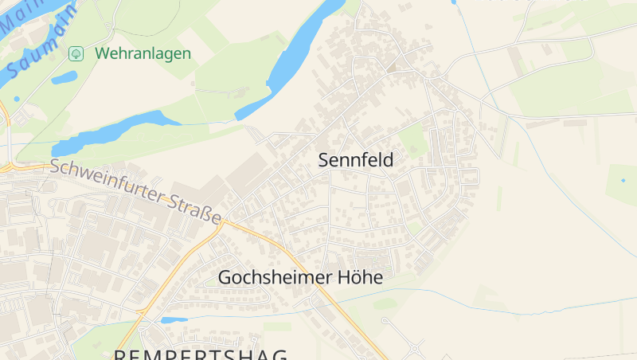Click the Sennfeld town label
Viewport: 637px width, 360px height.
pos(356,159)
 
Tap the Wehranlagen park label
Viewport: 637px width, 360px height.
pos(143,53)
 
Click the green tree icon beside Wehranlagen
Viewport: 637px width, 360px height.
pos(76,53)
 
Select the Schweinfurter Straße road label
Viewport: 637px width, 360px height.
pos(135,191)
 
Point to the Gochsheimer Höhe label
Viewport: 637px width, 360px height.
pos(300,277)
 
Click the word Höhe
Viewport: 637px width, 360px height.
pos(360,277)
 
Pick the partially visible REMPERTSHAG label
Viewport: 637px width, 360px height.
pos(199,353)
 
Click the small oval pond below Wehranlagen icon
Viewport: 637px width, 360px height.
pos(64,77)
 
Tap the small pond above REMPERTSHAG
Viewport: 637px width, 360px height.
pos(174,320)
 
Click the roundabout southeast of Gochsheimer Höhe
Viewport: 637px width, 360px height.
pos(416,349)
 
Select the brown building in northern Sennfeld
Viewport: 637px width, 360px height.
pos(393,67)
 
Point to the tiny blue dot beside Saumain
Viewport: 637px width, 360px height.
pos(17,100)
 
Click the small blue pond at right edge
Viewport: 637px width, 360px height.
pos(622,180)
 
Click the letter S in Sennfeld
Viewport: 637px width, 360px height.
pos(324,159)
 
